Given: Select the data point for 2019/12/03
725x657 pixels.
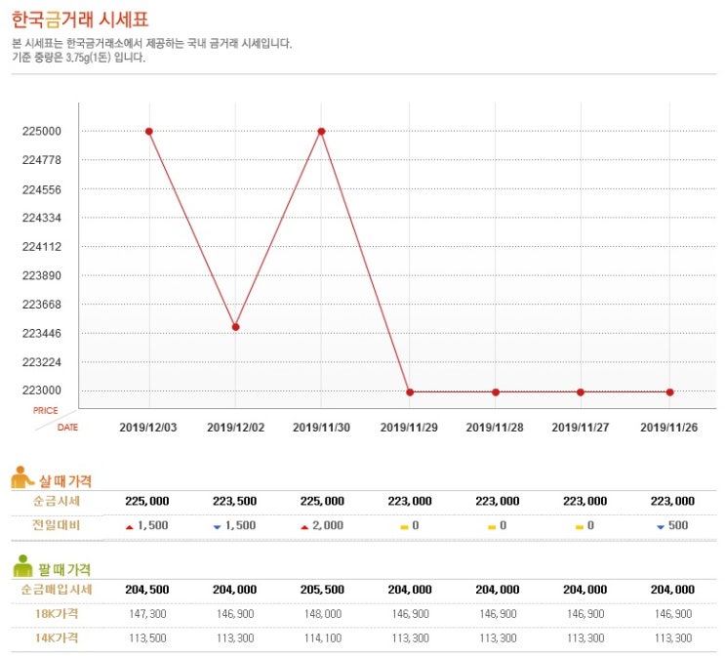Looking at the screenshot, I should pos(149,131).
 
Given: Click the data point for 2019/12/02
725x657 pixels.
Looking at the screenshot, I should pos(235,327).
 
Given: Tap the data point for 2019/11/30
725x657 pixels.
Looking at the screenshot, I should pos(321,131).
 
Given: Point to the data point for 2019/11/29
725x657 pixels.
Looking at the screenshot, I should pos(410,392).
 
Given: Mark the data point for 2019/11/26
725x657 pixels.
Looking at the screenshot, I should pos(669,392).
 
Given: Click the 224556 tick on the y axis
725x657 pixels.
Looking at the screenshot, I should pos(41,189).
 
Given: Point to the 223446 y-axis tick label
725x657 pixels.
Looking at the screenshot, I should pos(41,334).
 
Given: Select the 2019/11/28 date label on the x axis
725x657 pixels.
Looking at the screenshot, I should pos(495,428).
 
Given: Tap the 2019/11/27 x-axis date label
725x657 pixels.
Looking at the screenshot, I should pos(582,428).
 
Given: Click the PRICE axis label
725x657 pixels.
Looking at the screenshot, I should pos(46,410).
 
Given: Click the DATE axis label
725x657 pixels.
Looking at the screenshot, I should pos(67,428).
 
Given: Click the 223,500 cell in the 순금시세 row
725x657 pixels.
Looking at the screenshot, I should pos(234,501).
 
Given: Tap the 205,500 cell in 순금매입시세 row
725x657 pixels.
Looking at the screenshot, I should pos(321,590).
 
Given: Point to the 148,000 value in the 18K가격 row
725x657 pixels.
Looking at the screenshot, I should pos(321,614).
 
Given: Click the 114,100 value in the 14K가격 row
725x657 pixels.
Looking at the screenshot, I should pos(321,638).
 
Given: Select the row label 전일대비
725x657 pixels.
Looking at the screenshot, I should pos(58,525).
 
